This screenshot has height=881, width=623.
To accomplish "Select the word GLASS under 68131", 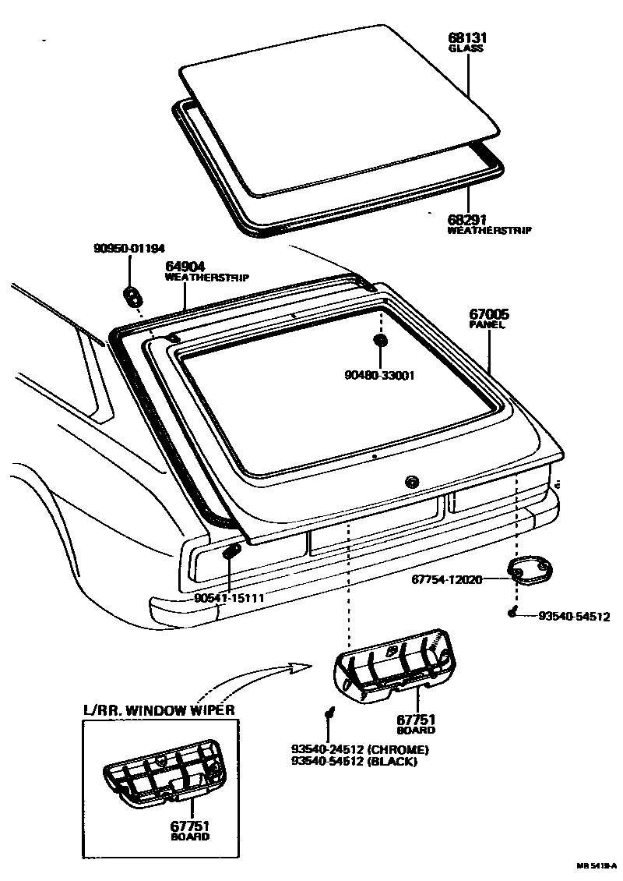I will (x=466, y=48).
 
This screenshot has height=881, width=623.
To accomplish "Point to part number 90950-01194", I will (x=129, y=249).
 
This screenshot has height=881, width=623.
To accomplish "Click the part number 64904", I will (x=185, y=267).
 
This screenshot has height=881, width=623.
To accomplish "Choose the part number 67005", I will (x=489, y=315).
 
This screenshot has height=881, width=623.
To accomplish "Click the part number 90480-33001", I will (x=381, y=375).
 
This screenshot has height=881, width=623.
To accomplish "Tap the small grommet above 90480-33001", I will (x=381, y=341).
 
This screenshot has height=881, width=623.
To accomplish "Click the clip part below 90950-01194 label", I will (x=132, y=295).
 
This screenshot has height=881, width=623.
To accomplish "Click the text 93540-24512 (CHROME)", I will (x=359, y=750).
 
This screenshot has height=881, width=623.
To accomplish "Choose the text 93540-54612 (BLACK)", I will (x=354, y=761).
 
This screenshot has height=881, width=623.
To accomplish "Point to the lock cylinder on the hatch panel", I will (x=410, y=481).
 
